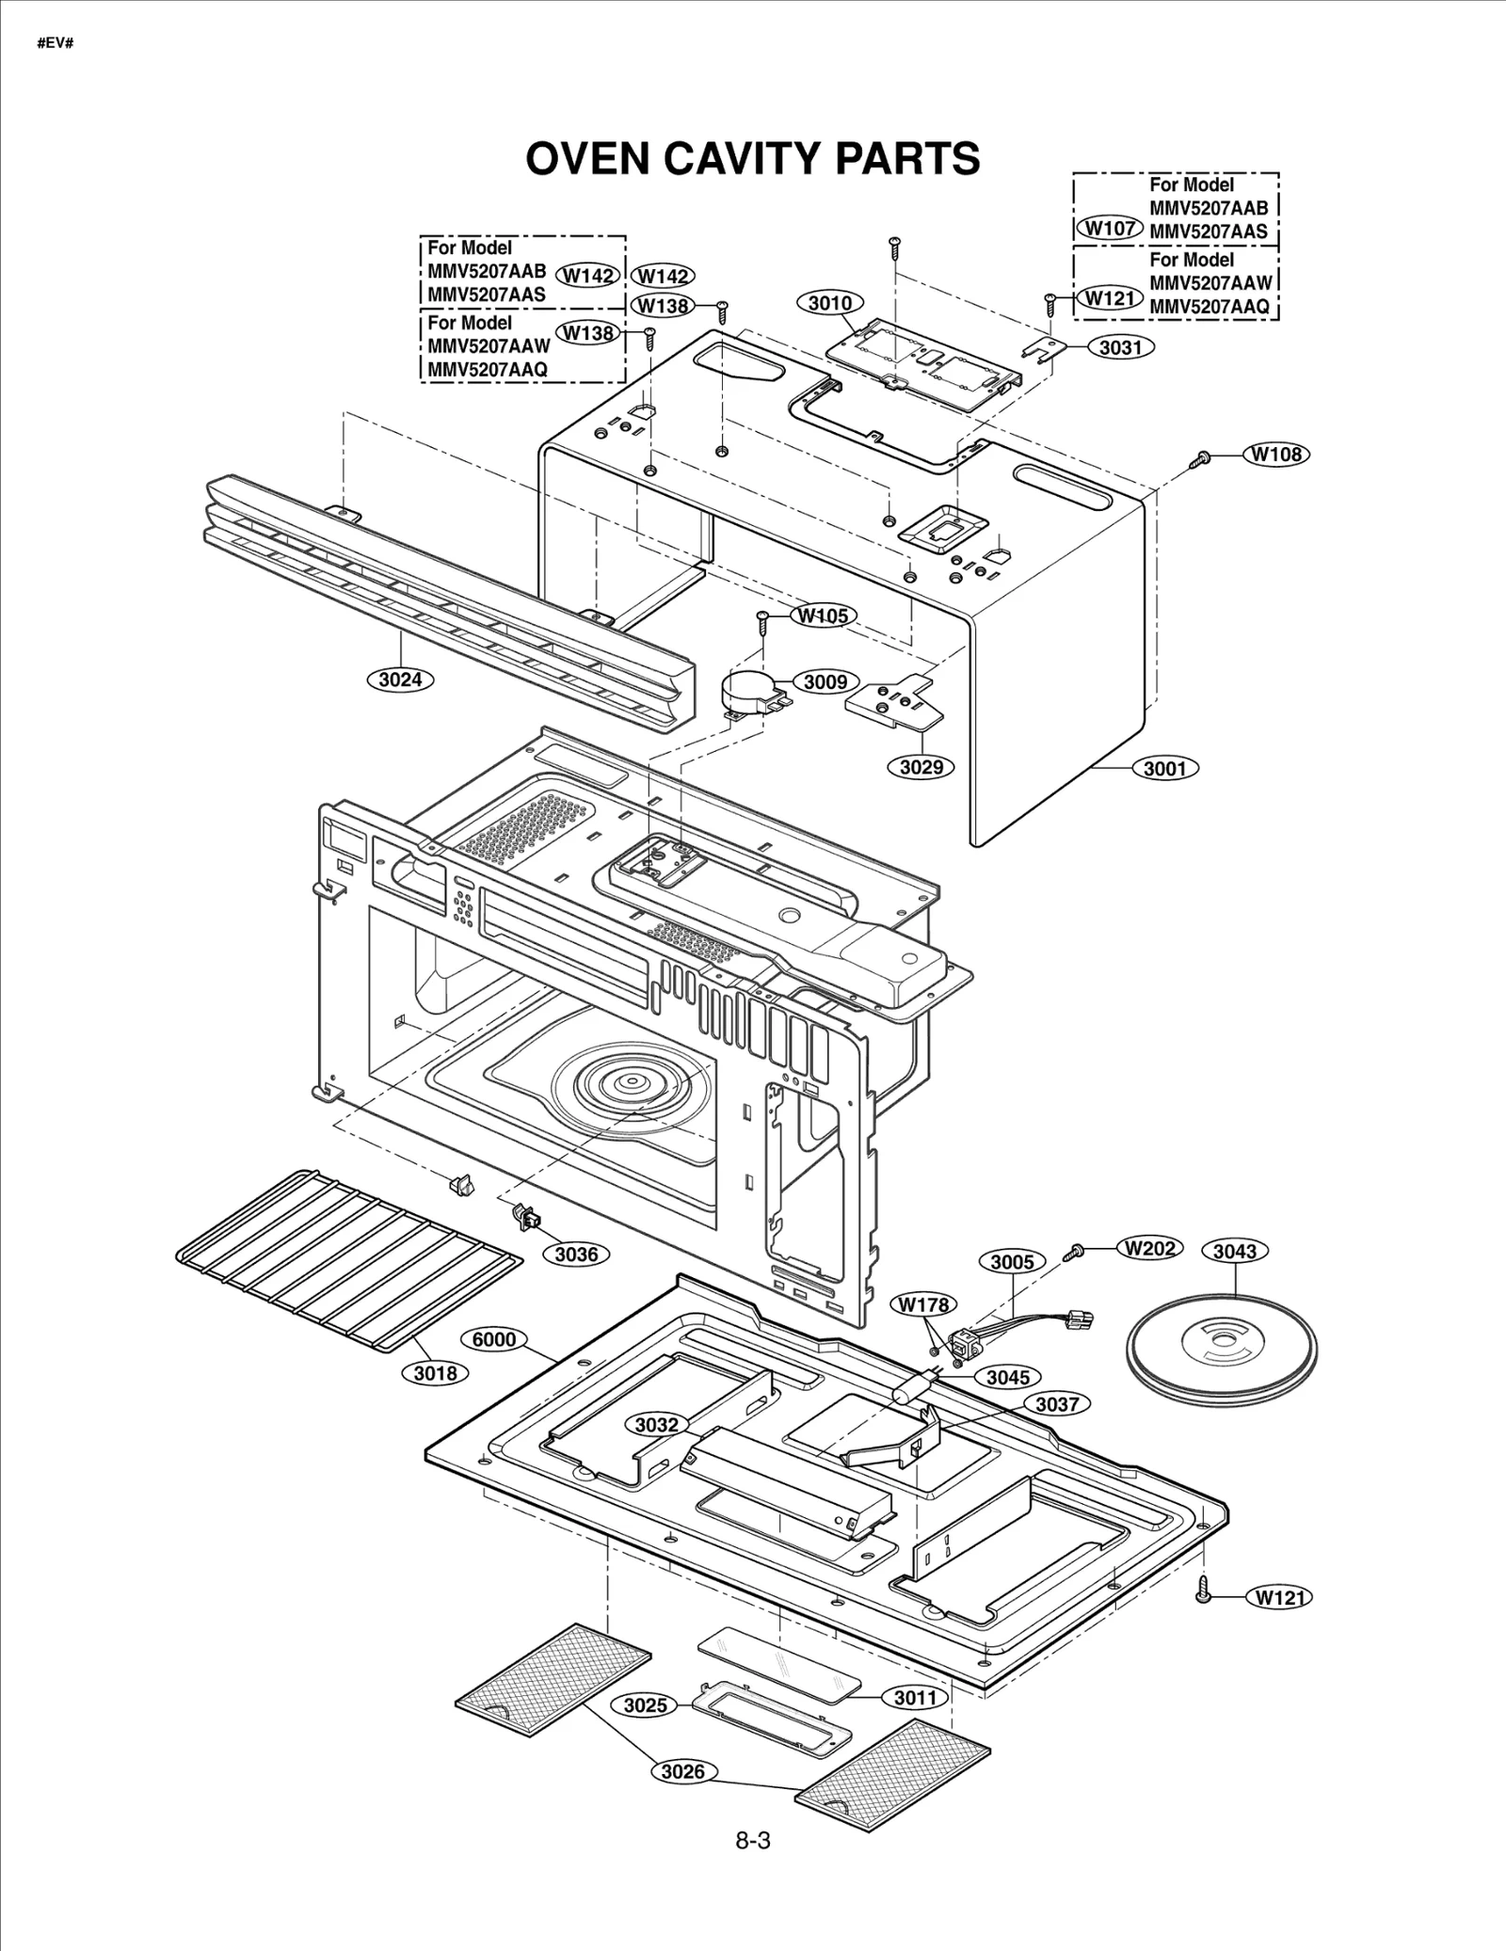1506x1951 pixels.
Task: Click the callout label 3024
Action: pyautogui.click(x=400, y=679)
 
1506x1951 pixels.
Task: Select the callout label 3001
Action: pyautogui.click(x=1165, y=769)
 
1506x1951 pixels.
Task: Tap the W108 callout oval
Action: pyautogui.click(x=1276, y=455)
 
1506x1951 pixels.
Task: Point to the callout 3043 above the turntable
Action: pyautogui.click(x=1234, y=1251)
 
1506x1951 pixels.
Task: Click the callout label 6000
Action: pyautogui.click(x=493, y=1339)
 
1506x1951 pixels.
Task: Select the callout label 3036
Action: pyautogui.click(x=576, y=1254)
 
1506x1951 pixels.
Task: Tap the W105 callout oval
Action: pyautogui.click(x=823, y=616)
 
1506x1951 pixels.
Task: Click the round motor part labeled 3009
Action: pyautogui.click(x=750, y=692)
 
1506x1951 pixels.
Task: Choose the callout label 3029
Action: pyautogui.click(x=921, y=767)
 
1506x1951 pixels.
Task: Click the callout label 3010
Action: pyautogui.click(x=830, y=303)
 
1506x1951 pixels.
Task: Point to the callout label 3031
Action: pyautogui.click(x=1120, y=347)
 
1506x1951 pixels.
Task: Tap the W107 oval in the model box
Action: pyautogui.click(x=1110, y=228)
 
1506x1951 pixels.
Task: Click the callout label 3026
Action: pyautogui.click(x=682, y=1772)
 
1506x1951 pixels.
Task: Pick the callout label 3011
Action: pyautogui.click(x=915, y=1697)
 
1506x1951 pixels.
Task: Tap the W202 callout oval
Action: pyautogui.click(x=1149, y=1248)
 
